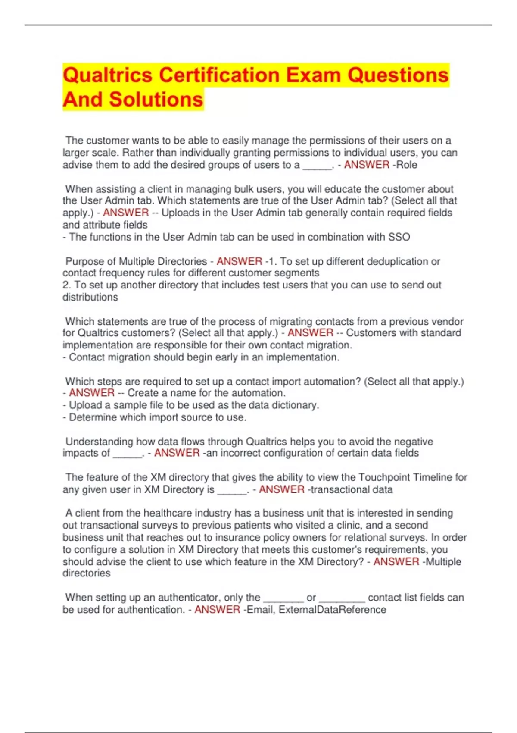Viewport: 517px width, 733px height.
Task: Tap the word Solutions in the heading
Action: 156,100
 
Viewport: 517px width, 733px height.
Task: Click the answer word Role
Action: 407,165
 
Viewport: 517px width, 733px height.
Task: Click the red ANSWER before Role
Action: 367,165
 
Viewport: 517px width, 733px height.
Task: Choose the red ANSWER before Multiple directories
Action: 396,561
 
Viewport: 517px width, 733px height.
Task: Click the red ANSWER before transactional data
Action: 282,489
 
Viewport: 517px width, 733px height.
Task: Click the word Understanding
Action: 100,442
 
